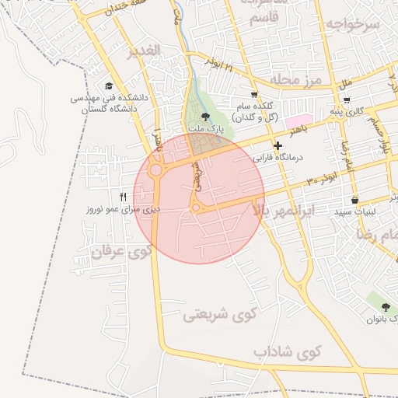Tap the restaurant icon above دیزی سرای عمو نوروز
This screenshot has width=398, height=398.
tap(122, 197)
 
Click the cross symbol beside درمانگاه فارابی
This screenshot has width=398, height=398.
tap(278, 145)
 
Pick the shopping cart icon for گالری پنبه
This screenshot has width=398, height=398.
tap(346, 99)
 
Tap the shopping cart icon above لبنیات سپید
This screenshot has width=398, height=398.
tap(354, 200)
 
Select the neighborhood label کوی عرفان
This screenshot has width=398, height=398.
tap(119, 251)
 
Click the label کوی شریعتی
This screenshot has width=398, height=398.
tap(219, 316)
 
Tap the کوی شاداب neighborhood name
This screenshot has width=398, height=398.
tap(287, 352)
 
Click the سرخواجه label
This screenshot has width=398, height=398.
tap(352, 24)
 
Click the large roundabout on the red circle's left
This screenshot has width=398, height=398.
tap(155, 169)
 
